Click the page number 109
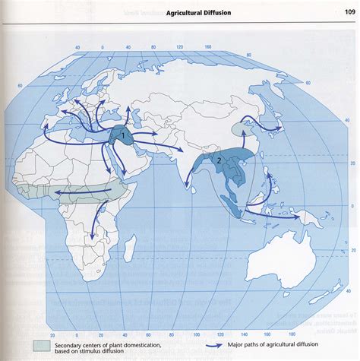point(349,11)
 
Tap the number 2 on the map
point(219,161)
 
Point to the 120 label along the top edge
point(179,47)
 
